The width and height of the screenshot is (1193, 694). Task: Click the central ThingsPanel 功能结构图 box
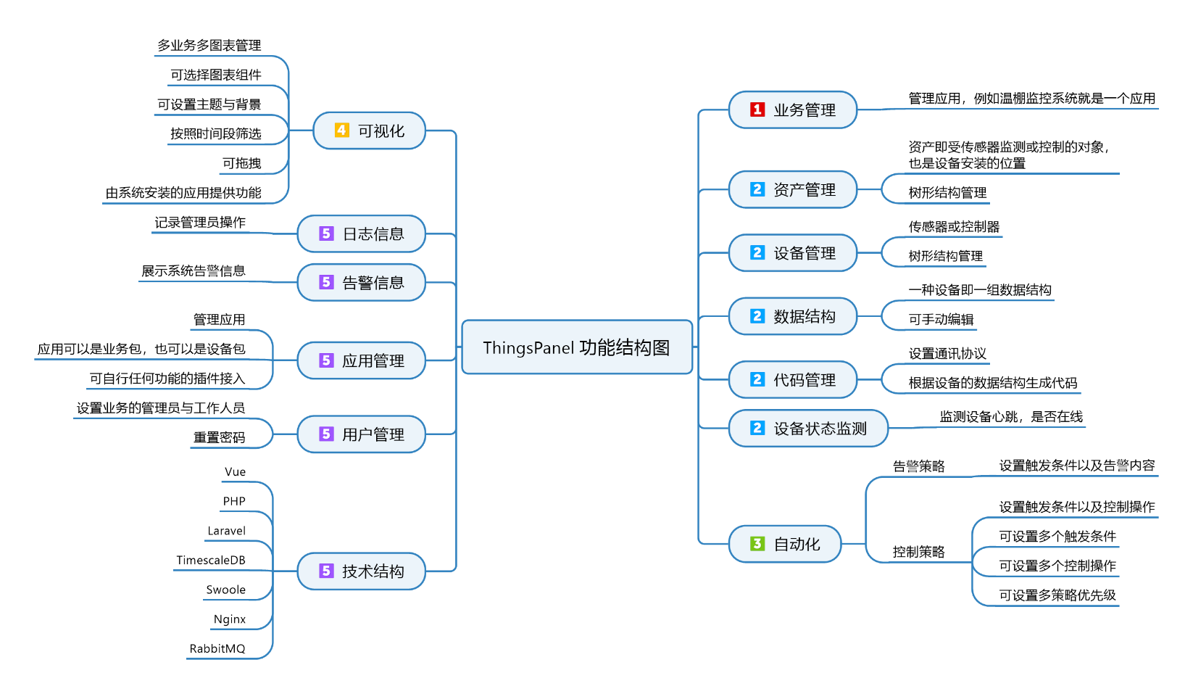[x=577, y=347]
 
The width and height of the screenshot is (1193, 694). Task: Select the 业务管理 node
[x=792, y=110]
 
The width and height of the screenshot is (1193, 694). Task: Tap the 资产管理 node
[x=792, y=189]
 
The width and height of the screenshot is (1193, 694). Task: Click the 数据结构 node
[x=792, y=316]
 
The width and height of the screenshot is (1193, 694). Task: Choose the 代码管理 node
[x=792, y=380]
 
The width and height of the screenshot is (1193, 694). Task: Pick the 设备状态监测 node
[x=807, y=429]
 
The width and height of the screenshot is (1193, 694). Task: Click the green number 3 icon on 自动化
[x=757, y=544]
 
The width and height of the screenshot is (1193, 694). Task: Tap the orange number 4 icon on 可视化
[x=341, y=131]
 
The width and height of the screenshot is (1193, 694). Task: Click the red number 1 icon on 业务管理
[x=757, y=110]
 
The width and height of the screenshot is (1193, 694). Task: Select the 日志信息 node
[x=361, y=234]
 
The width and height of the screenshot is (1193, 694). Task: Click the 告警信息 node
[x=361, y=282]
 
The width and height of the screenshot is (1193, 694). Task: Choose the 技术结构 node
[x=361, y=571]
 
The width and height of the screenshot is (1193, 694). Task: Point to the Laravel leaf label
[x=226, y=531]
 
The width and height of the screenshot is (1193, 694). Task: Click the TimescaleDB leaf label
[x=211, y=561]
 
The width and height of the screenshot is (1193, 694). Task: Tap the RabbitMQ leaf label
[x=217, y=649]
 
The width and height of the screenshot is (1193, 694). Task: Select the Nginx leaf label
[x=229, y=619]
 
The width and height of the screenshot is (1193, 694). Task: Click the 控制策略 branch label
[x=918, y=552]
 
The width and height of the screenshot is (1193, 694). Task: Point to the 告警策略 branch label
[x=918, y=466]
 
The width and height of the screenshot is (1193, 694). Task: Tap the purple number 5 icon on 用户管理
[x=326, y=434]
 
